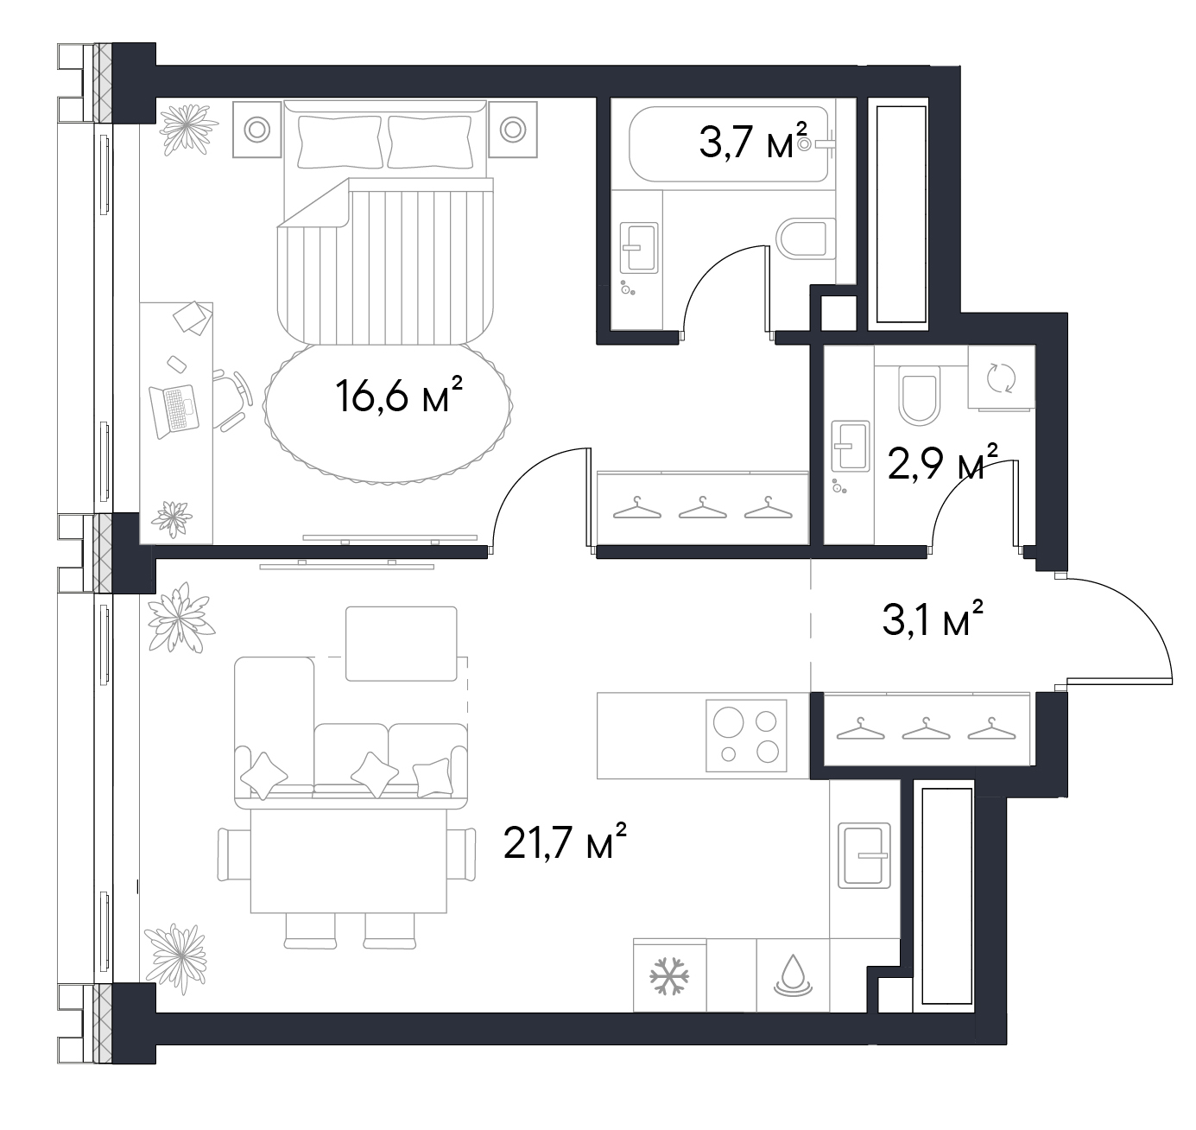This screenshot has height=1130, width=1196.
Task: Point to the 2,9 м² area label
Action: pos(943,461)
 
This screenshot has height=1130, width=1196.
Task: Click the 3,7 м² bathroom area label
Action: pos(752,141)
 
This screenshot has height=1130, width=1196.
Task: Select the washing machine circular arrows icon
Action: pos(1001,379)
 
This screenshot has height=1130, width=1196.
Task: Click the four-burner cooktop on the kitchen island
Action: pos(745,735)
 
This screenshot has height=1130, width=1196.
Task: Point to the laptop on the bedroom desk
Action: pos(174,410)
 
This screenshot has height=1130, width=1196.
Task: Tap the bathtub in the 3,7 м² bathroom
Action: pos(729,144)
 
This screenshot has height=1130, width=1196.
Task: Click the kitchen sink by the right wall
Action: pos(864,855)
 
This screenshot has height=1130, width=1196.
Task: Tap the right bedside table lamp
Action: pos(512,129)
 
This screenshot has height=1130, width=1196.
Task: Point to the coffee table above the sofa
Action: pos(401,644)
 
